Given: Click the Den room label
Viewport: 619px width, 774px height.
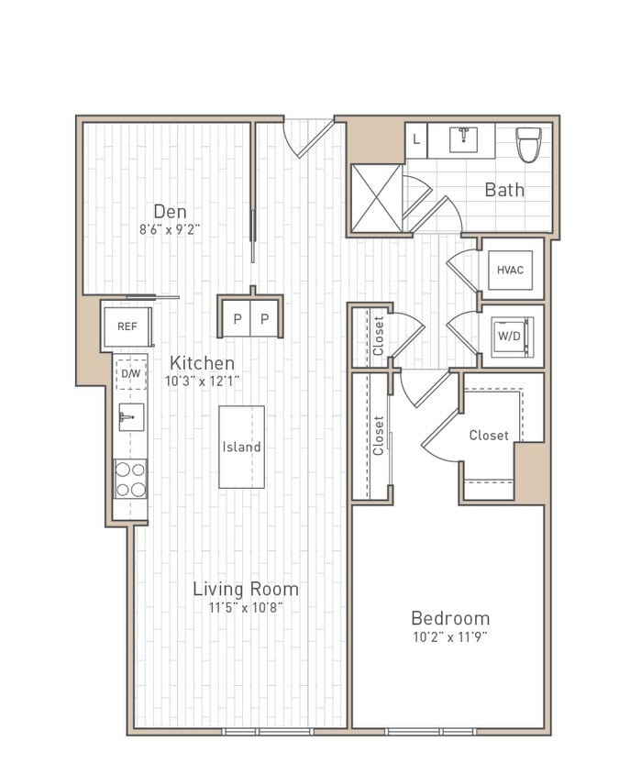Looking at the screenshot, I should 170,212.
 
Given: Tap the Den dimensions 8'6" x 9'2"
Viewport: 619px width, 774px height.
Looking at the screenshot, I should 170,231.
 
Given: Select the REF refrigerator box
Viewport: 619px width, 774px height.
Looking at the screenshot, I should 127,326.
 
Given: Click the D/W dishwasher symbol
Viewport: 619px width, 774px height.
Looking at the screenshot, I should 130,373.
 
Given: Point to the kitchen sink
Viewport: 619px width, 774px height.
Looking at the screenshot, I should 130,416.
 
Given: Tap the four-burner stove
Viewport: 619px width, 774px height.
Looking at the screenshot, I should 130,478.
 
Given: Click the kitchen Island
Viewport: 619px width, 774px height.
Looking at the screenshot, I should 241,447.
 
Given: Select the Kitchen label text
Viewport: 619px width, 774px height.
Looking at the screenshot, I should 201,363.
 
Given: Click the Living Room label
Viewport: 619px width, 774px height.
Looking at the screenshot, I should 245,589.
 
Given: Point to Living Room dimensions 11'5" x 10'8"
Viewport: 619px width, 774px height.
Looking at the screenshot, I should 245,607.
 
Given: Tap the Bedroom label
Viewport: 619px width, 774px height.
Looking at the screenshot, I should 449,618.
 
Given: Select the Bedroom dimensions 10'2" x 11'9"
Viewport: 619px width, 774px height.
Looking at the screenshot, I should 449,636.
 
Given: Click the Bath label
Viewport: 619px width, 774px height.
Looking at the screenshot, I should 504,190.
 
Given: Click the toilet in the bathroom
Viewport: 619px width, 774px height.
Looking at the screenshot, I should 528,144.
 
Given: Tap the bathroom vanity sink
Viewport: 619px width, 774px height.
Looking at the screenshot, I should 462,140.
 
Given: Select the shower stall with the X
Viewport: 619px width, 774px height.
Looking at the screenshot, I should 376,197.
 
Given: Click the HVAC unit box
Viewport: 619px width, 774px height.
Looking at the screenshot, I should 510,270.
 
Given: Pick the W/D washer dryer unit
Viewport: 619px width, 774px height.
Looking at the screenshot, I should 510,335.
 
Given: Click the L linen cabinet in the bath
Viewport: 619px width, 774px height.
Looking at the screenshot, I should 416,140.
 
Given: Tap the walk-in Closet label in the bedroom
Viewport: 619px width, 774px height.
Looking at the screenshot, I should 488,436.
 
